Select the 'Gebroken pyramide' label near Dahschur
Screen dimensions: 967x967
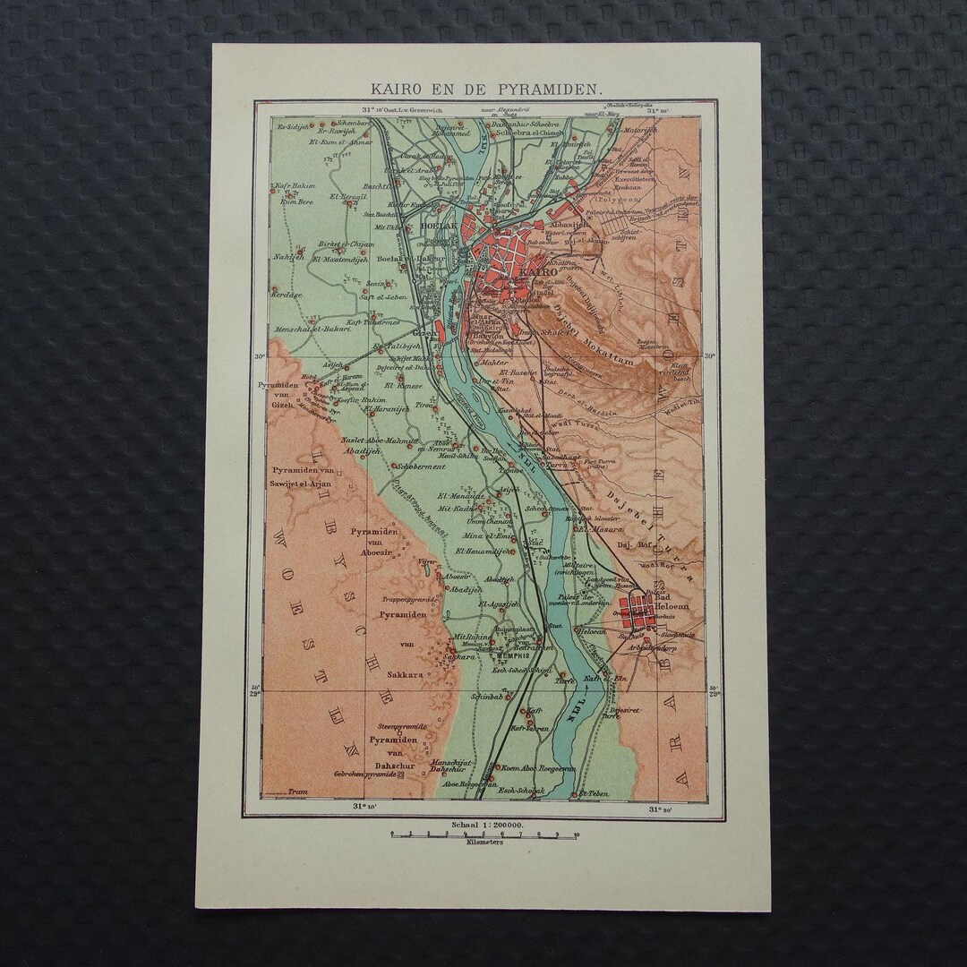tap(364, 773)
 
